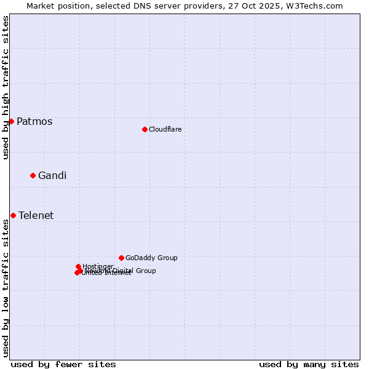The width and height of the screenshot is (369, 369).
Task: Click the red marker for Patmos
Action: (11, 121)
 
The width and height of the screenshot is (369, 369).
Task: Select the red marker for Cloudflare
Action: (145, 129)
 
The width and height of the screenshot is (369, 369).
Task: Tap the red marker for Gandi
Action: (33, 175)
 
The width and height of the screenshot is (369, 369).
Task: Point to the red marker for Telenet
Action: (13, 215)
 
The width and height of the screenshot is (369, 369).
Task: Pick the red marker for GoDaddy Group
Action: (121, 258)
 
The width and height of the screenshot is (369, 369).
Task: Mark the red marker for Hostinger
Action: (78, 266)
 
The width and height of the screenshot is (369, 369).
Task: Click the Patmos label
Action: (34, 121)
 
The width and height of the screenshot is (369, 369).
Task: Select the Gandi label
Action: (52, 175)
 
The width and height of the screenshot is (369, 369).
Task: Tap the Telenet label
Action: (36, 215)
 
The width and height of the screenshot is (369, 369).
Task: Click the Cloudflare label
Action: (165, 129)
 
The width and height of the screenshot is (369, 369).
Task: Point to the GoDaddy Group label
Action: (151, 258)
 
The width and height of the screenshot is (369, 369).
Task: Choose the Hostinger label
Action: (98, 266)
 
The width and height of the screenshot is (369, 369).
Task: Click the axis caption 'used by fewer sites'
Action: (63, 364)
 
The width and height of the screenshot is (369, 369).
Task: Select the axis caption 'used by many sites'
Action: (309, 364)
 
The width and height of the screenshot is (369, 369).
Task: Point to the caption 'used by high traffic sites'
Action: (6, 88)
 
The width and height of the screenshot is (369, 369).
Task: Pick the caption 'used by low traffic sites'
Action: (6, 288)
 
